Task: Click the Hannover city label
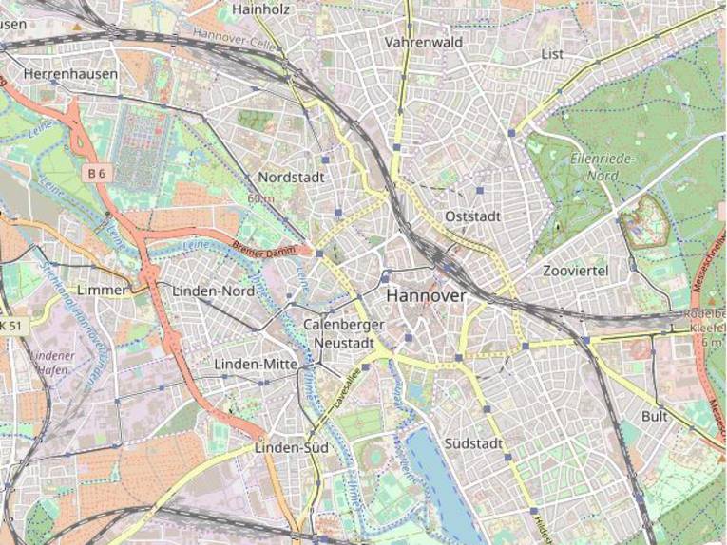[x=427, y=296]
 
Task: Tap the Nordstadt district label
[x=291, y=178]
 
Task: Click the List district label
[x=552, y=54]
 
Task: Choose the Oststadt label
[x=472, y=217]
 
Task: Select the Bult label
[x=655, y=416]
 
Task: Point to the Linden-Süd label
[x=291, y=447]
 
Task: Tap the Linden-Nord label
[x=213, y=291]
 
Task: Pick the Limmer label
[x=104, y=289]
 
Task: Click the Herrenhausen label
[x=70, y=73]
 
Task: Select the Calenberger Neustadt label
[x=344, y=332]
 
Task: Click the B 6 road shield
[x=95, y=173]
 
